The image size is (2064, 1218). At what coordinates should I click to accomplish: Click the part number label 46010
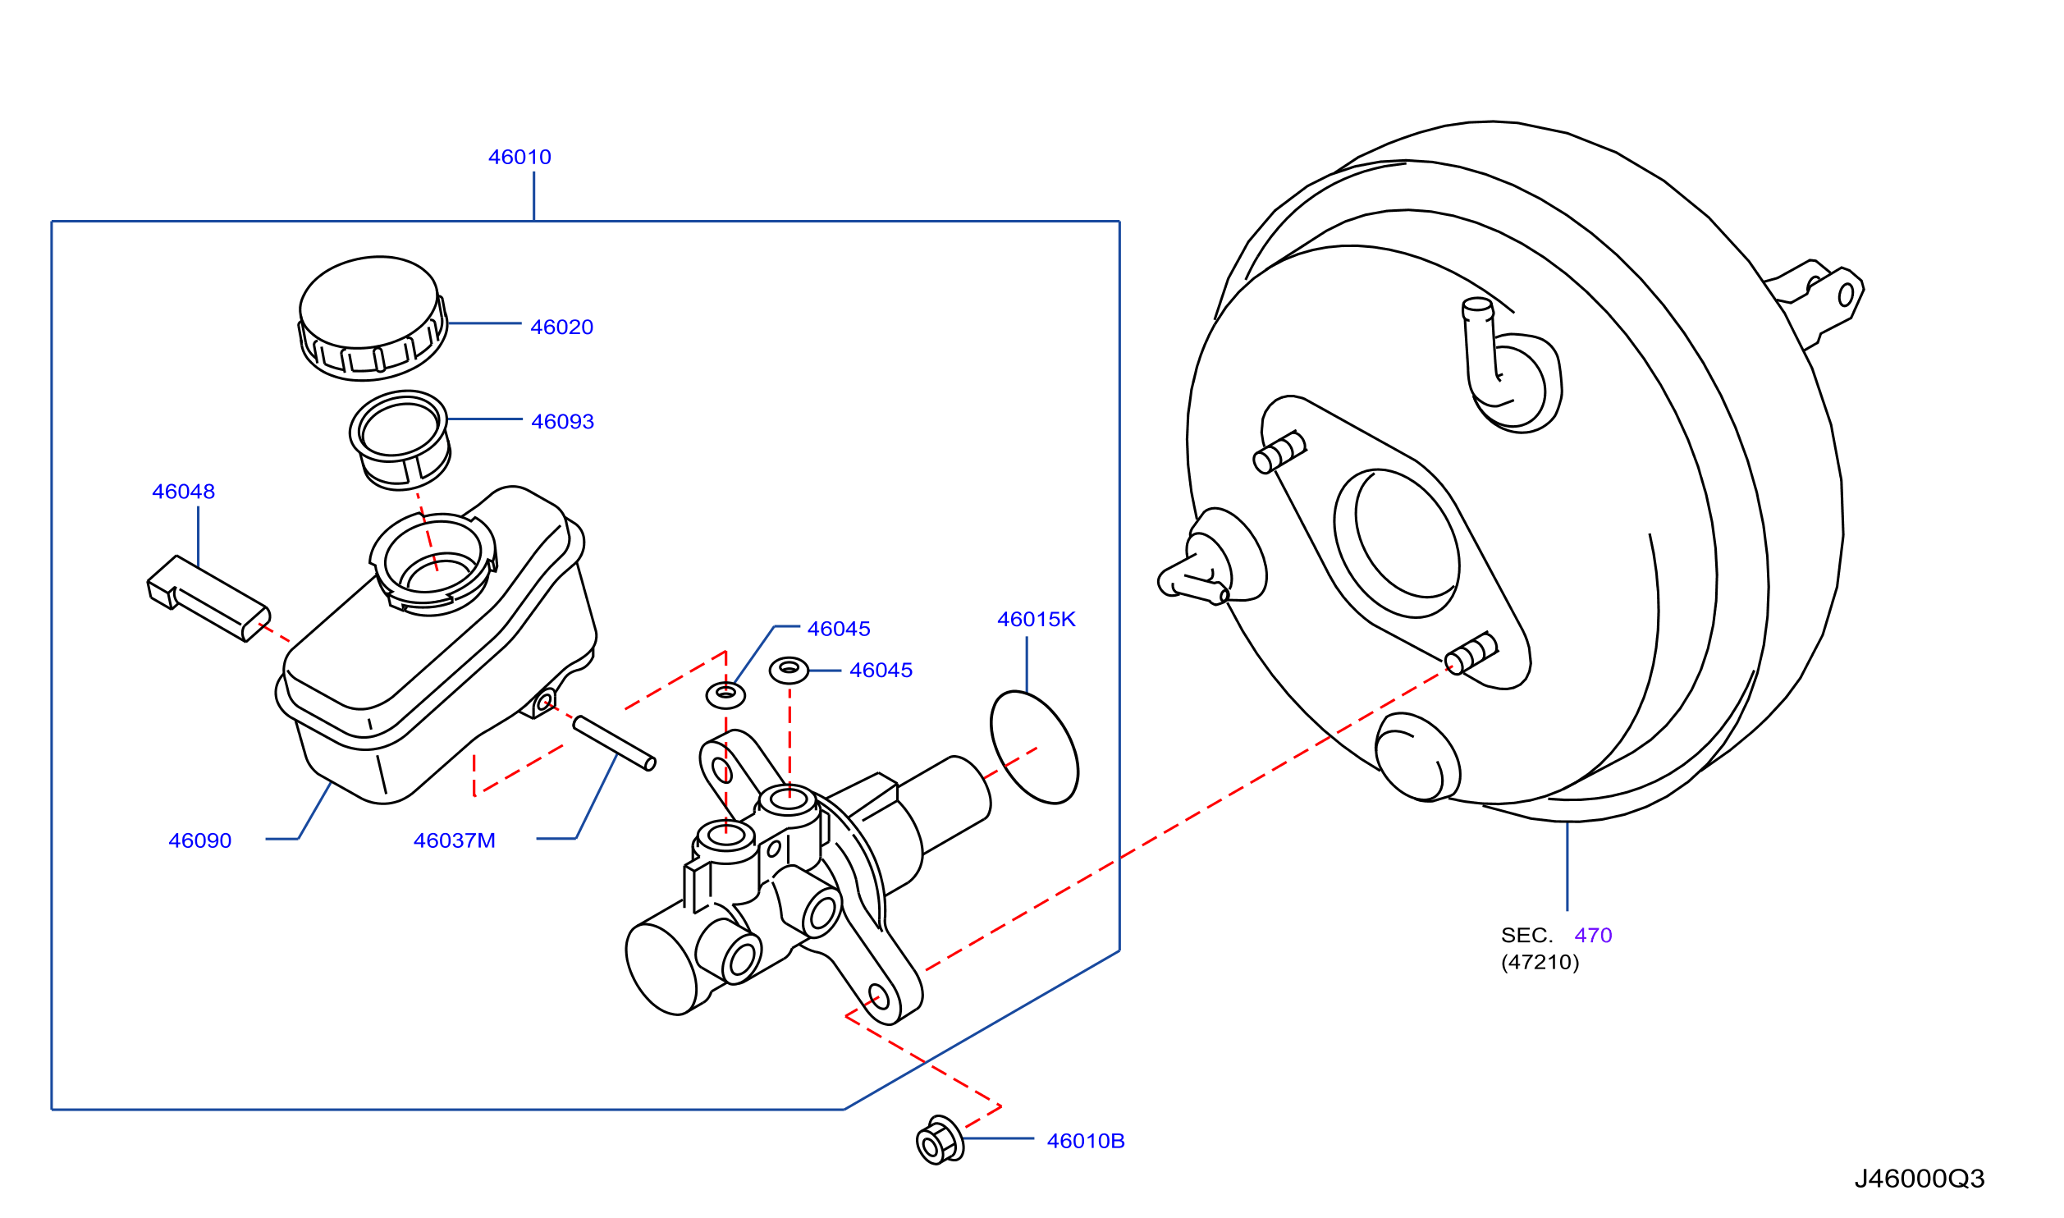click(x=519, y=157)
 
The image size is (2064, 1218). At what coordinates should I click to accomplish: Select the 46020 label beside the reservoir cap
click(x=561, y=327)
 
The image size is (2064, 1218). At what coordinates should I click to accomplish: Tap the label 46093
click(x=562, y=421)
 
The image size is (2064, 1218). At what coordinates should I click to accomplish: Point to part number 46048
click(x=183, y=491)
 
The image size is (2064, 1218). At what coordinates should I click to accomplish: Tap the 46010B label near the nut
click(x=1085, y=1141)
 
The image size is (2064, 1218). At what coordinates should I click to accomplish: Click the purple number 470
click(x=1593, y=935)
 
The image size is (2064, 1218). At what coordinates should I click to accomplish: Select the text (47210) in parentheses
click(x=1540, y=962)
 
